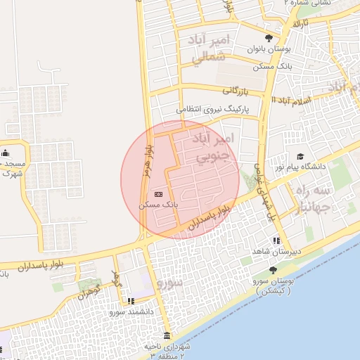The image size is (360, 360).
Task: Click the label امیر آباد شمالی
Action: [210, 49]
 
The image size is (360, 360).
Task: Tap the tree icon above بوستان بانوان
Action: [269, 38]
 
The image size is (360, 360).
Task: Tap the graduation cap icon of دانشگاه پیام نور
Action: [300, 156]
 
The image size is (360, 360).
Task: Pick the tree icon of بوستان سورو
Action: [273, 270]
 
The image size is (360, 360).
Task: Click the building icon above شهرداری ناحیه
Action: [167, 335]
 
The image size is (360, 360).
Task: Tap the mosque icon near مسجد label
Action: [6, 153]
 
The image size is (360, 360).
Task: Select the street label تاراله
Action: [301, 23]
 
